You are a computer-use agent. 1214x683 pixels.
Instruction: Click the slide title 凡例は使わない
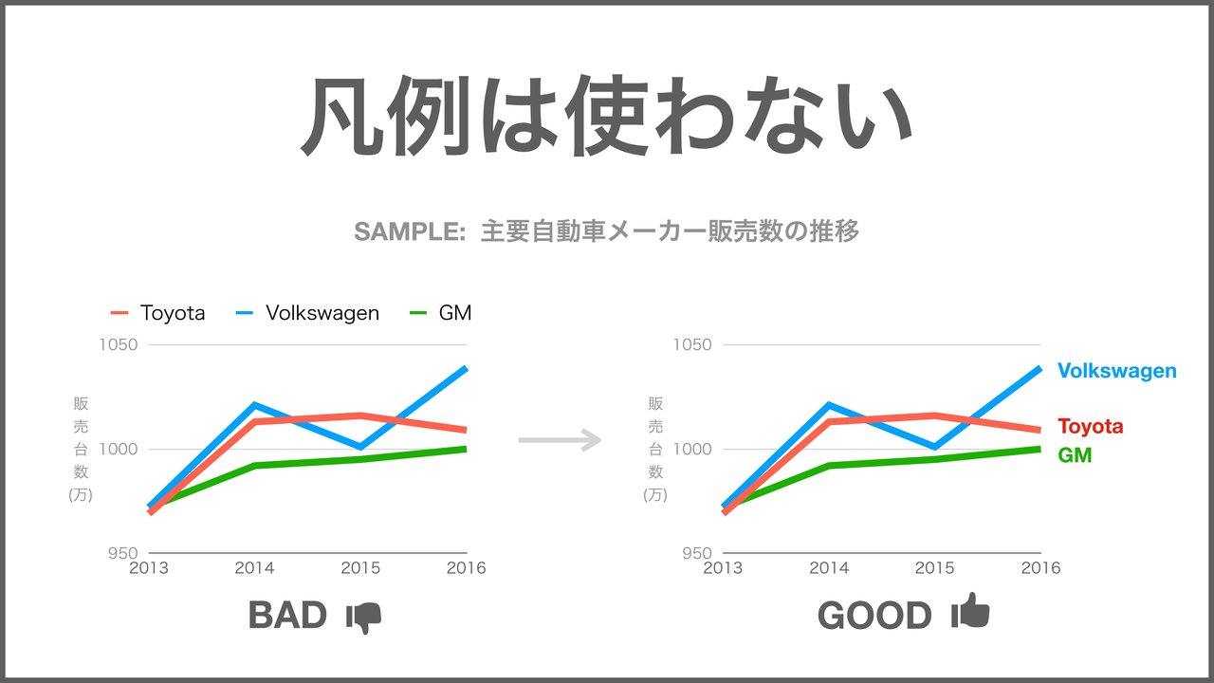607,116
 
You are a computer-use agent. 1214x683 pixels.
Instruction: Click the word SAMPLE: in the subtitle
410,232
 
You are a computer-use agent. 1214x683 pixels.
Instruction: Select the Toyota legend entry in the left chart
157,313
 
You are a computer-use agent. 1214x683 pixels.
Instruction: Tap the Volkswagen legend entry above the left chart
308,313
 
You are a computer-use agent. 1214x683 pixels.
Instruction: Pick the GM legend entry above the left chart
440,313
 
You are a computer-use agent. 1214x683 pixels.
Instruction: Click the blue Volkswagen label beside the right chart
1117,371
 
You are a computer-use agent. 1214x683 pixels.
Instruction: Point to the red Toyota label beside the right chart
1091,426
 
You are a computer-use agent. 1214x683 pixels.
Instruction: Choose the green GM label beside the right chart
1075,454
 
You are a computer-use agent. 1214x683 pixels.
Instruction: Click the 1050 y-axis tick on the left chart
119,344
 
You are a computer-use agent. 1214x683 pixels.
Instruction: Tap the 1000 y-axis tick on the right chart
692,449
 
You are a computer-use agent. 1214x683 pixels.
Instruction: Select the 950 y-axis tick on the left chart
123,553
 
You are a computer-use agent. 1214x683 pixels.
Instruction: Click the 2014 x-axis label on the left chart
255,568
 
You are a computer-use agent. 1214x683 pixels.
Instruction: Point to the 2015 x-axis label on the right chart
935,568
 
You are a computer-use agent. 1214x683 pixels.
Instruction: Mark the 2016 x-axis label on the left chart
466,568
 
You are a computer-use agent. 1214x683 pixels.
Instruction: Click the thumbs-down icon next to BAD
363,618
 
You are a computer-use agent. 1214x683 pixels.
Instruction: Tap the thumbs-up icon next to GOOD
970,611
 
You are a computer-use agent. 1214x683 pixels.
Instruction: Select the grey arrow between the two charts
560,439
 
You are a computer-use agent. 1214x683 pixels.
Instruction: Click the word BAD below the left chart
287,616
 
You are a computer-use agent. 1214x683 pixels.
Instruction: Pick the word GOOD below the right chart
874,616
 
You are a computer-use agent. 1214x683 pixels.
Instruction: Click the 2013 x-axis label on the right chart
723,568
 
